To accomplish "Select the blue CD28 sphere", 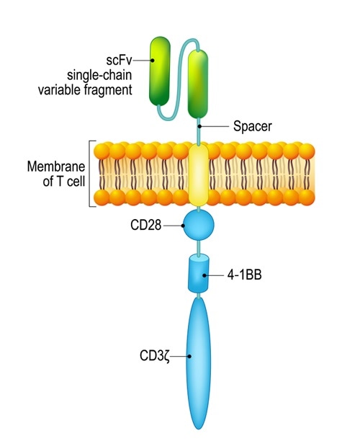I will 199,226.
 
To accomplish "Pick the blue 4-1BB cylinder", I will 199,274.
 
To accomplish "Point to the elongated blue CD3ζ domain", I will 199,360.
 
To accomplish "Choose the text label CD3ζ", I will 158,355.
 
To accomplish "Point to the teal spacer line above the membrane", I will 199,133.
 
